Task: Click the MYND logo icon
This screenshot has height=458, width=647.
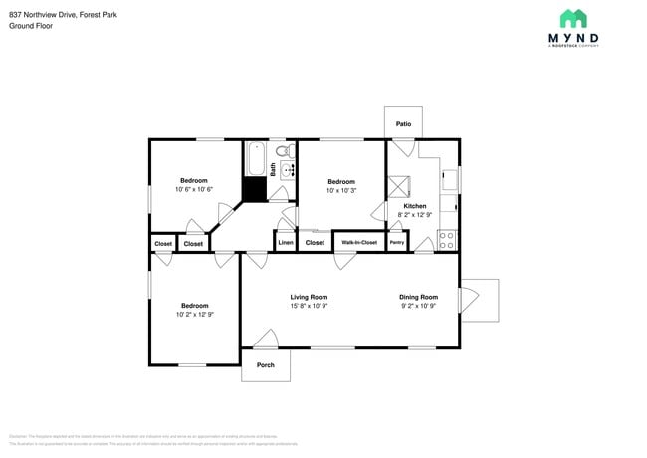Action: (x=573, y=18)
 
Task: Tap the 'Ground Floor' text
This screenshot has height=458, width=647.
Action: (x=31, y=25)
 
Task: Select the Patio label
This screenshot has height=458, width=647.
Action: (x=403, y=124)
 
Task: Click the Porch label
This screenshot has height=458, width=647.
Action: (x=265, y=365)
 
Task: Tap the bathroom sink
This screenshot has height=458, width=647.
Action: (x=289, y=170)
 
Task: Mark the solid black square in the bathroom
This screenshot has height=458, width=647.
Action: (x=256, y=190)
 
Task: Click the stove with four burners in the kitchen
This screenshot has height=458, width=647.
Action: (x=447, y=240)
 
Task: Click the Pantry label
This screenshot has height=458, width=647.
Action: (x=397, y=242)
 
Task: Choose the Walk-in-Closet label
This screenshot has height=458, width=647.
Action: (x=359, y=242)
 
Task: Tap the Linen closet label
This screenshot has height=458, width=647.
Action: (x=286, y=242)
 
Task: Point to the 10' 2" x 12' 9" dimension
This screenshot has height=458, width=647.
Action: (x=195, y=314)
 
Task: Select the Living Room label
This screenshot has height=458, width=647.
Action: (x=309, y=297)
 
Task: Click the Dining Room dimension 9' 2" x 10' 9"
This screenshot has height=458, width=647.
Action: (x=418, y=306)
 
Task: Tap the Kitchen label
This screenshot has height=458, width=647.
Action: (x=414, y=206)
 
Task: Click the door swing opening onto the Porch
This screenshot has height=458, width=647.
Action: (x=265, y=340)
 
